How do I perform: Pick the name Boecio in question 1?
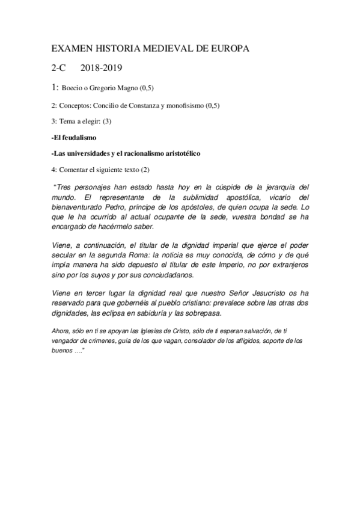coord(75,88)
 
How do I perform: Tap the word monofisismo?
coord(203,106)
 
